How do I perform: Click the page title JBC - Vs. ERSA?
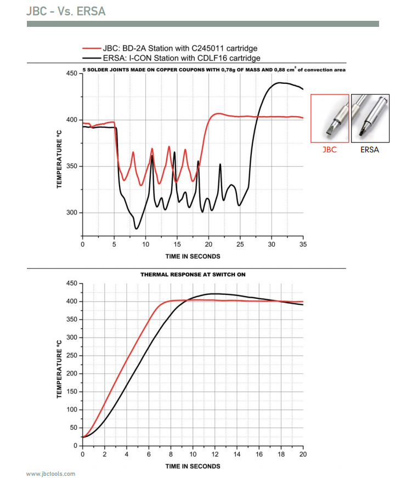(66, 11)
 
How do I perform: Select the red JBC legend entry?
(170, 49)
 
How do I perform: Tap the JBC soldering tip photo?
(330, 118)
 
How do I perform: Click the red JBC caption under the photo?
(330, 150)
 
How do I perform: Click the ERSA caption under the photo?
(370, 150)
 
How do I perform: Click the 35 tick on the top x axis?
(303, 244)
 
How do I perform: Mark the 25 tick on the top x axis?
(240, 244)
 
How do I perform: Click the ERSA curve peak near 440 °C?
(279, 83)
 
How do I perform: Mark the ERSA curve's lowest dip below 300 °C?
(137, 229)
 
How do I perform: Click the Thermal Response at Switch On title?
(193, 274)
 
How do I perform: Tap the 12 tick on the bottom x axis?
(215, 454)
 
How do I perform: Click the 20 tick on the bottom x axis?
(303, 454)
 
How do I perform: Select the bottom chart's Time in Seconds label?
(193, 466)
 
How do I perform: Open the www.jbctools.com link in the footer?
(50, 474)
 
